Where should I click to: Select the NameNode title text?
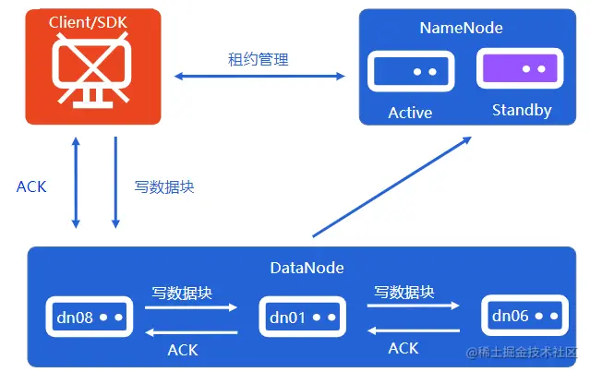(461, 28)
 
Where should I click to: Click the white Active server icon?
(409, 71)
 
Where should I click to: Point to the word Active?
(410, 113)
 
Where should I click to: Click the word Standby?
(522, 111)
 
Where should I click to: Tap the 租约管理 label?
(259, 60)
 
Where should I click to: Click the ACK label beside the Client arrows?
(31, 186)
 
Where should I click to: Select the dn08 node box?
(90, 318)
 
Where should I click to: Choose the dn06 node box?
(522, 317)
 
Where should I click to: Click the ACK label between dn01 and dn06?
(403, 348)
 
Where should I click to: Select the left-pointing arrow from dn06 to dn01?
(414, 330)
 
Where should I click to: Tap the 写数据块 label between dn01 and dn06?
(403, 292)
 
